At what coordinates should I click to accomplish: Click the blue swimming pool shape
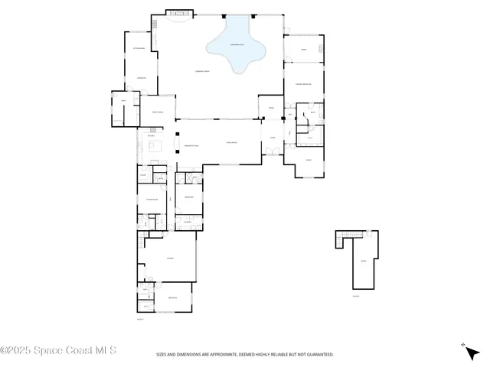click(x=236, y=46)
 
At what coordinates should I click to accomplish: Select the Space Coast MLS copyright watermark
click(x=58, y=351)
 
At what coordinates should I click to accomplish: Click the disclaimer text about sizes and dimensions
click(x=245, y=354)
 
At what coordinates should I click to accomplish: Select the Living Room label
click(x=230, y=143)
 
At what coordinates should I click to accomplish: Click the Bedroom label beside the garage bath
click(x=173, y=297)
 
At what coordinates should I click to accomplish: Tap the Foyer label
click(x=271, y=138)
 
